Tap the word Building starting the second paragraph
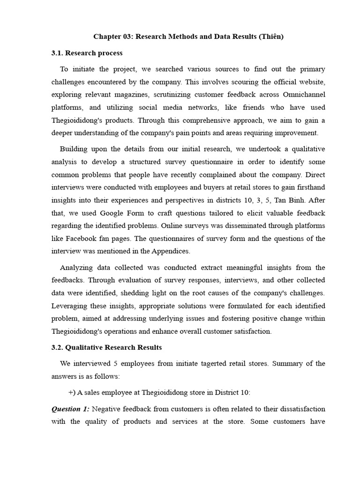click(x=75, y=149)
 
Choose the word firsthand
click(x=309, y=187)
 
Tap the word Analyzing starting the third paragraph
click(x=76, y=268)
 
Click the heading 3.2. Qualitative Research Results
click(x=106, y=347)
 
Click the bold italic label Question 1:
click(x=70, y=409)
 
